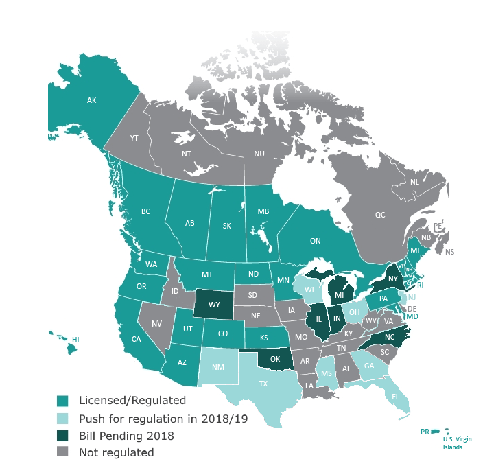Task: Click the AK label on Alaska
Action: (x=91, y=101)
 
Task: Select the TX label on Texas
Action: (x=263, y=384)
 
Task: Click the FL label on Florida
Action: (x=394, y=397)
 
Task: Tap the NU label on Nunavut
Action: (x=259, y=154)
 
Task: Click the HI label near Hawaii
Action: (x=75, y=340)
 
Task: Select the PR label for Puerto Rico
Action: (x=425, y=432)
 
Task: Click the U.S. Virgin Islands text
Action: (x=457, y=443)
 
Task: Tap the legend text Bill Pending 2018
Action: (x=126, y=435)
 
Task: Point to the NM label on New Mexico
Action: (x=217, y=368)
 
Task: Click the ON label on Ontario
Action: (x=316, y=241)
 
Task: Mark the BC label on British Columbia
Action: (x=145, y=211)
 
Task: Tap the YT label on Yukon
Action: (x=134, y=138)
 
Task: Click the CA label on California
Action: (x=136, y=338)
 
